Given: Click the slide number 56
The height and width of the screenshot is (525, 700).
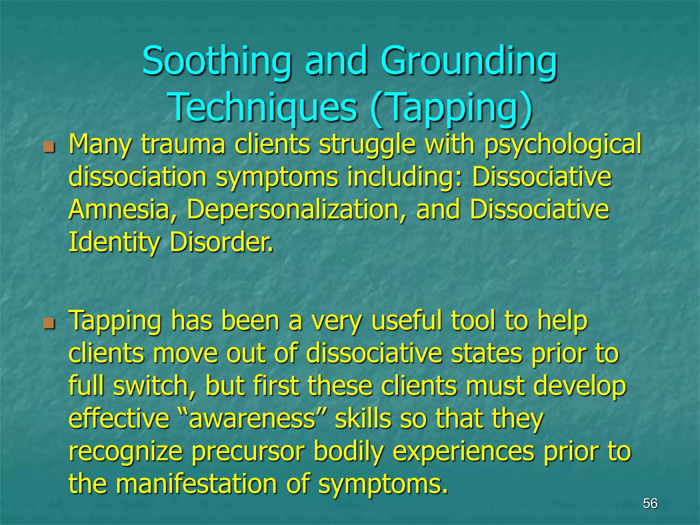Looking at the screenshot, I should [x=650, y=503].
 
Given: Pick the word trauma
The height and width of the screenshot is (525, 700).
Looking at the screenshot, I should [x=183, y=145].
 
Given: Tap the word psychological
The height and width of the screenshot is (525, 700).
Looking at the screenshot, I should [x=562, y=145].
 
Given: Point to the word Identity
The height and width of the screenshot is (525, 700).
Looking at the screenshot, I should [x=114, y=242].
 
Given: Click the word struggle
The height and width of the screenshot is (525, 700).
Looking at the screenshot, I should [x=367, y=145].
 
